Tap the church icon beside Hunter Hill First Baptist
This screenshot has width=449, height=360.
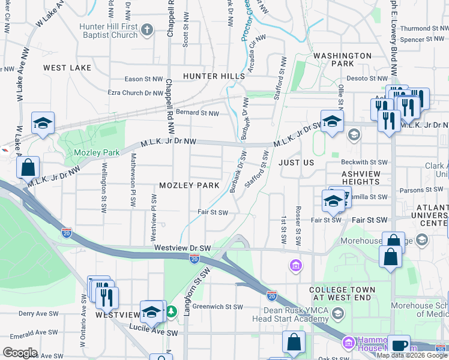(148, 29)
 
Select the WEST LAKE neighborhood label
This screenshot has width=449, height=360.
(67, 68)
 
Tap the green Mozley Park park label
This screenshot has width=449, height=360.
(89, 153)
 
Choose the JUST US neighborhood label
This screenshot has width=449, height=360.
(296, 163)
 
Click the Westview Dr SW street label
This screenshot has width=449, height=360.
(182, 247)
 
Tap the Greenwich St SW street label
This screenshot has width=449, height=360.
(217, 307)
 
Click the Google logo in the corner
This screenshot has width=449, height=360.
(20, 353)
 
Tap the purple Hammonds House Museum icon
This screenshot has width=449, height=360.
(348, 343)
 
